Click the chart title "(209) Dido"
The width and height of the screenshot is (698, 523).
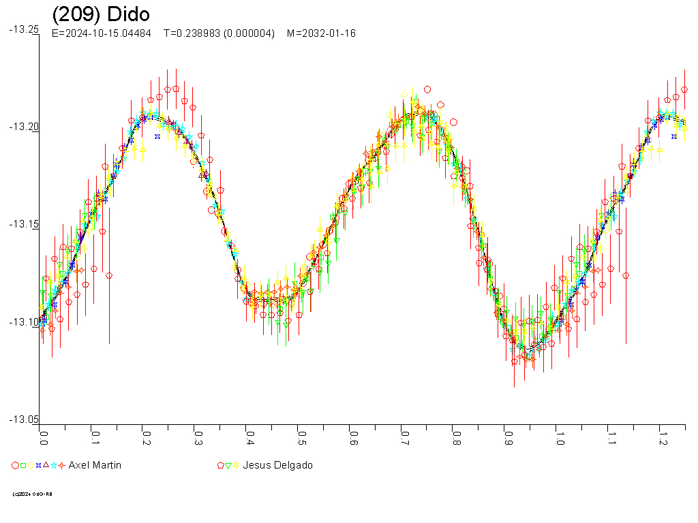(x=101, y=14)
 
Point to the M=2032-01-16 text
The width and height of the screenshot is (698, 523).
(x=321, y=33)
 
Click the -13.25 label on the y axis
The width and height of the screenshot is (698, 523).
(x=24, y=29)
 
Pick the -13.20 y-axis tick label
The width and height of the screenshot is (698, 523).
(x=24, y=127)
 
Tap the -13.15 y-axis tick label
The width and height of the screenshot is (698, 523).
(x=24, y=224)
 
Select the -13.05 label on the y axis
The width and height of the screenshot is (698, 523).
(x=24, y=419)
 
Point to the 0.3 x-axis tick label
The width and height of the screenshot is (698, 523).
(x=198, y=437)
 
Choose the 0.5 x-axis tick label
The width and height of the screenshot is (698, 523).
(x=301, y=437)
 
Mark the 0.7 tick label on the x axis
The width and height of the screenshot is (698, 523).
(x=404, y=437)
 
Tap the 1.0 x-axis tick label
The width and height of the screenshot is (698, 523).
(x=558, y=437)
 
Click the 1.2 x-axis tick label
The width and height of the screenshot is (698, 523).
(x=661, y=437)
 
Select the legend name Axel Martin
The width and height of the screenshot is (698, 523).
(x=95, y=465)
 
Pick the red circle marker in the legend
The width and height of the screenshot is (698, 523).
(x=15, y=466)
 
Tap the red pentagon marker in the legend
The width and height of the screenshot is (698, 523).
(x=220, y=466)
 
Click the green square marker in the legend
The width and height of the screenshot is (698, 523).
(x=23, y=466)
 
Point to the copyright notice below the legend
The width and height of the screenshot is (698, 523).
(x=33, y=494)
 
